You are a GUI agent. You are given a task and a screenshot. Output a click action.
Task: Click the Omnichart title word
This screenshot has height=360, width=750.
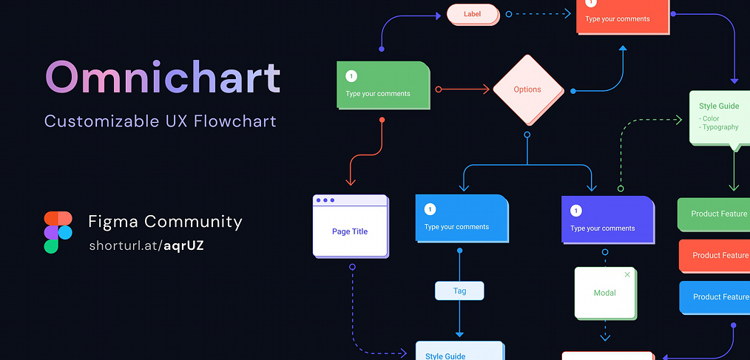click(x=163, y=78)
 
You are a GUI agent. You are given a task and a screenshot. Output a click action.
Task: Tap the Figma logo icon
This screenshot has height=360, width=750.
click(x=58, y=232)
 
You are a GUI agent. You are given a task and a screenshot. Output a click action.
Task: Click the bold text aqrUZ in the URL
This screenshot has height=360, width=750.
click(x=183, y=245)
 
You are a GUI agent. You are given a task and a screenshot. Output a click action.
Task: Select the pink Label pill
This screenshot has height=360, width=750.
click(x=473, y=14)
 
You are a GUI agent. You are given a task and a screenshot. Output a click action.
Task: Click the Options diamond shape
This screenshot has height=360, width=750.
click(x=527, y=89)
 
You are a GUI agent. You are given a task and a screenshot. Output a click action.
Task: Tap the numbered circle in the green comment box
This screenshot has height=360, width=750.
click(x=351, y=76)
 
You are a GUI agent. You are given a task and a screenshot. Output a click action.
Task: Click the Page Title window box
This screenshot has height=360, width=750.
click(x=351, y=226)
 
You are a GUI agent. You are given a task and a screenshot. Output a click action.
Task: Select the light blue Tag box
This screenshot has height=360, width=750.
click(x=459, y=291)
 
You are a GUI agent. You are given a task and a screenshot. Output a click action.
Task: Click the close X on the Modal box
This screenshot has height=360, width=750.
click(x=627, y=274)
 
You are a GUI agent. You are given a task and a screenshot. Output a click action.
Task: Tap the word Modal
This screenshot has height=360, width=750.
click(x=604, y=293)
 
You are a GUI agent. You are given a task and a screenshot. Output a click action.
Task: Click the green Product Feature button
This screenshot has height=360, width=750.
click(x=714, y=214)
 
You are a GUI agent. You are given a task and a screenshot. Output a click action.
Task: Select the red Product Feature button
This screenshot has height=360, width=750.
click(x=714, y=256)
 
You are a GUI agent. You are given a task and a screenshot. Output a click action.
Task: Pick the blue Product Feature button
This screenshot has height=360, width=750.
click(x=714, y=297)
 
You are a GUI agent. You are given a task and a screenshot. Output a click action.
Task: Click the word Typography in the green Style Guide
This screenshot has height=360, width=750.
click(x=720, y=127)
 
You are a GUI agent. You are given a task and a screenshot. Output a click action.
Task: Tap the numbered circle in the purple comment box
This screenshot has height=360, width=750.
click(x=576, y=211)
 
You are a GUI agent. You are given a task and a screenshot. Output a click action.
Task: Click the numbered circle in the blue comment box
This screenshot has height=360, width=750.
click(x=430, y=209)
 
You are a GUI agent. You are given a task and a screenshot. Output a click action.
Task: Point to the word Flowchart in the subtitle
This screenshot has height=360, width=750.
click(x=235, y=121)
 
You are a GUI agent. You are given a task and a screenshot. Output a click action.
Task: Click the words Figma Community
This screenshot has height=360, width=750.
click(x=166, y=221)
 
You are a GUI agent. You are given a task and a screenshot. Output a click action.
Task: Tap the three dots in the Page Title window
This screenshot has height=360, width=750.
click(x=325, y=200)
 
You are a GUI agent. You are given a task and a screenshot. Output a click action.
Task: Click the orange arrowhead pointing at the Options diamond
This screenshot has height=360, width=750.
click(x=486, y=89)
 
